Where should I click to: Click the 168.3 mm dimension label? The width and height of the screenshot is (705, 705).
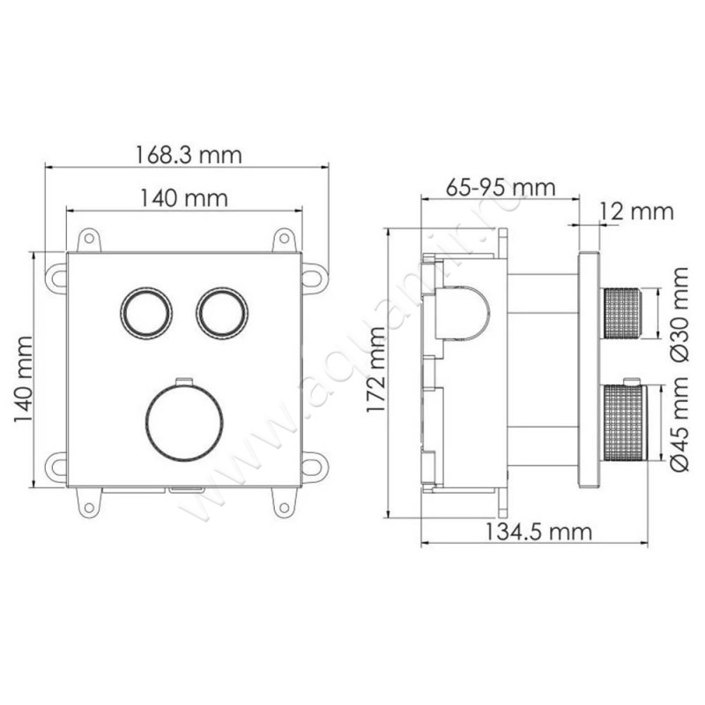pyautogui.click(x=189, y=155)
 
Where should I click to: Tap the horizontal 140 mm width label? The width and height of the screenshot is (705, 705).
pyautogui.click(x=184, y=197)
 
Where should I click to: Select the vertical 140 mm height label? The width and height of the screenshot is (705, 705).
pyautogui.click(x=24, y=379)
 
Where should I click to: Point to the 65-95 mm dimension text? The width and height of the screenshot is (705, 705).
pyautogui.click(x=501, y=187)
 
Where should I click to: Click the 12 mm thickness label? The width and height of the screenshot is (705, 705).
pyautogui.click(x=636, y=211)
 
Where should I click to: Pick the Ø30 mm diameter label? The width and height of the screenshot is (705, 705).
pyautogui.click(x=679, y=315)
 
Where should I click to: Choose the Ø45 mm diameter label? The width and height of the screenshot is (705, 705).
pyautogui.click(x=679, y=424)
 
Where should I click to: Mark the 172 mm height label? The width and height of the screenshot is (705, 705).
pyautogui.click(x=376, y=369)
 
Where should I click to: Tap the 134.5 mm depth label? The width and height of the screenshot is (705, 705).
pyautogui.click(x=538, y=532)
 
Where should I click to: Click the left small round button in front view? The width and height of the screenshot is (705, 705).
pyautogui.click(x=145, y=312)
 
